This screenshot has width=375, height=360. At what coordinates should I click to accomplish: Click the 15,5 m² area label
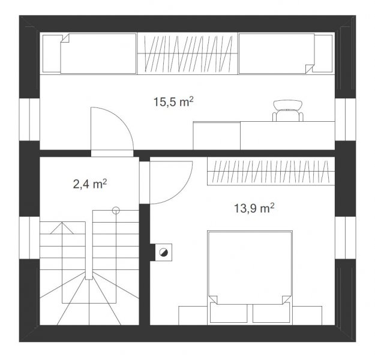tap(173, 102)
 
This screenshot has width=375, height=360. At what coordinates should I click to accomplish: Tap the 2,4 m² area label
tap(90, 184)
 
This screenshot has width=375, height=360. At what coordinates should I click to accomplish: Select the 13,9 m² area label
tap(254, 208)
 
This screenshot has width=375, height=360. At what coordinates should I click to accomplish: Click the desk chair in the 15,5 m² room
tap(288, 110)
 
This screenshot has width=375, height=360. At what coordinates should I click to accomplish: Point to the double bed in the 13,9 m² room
tap(250, 278)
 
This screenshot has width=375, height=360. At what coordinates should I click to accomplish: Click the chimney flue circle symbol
tap(163, 252)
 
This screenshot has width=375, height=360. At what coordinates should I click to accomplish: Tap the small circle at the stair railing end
tap(116, 210)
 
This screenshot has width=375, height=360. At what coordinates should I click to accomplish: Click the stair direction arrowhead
tap(62, 228)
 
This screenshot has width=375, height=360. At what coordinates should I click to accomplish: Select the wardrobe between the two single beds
tap(187, 53)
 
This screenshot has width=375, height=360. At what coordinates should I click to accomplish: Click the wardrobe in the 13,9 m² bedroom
tap(271, 171)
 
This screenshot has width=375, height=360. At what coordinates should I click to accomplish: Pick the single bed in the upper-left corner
tap(89, 53)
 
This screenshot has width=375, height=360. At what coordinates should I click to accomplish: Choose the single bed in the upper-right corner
tap(286, 53)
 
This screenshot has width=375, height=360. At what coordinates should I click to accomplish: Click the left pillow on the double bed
tap(229, 313)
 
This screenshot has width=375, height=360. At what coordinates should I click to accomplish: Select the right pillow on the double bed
tap(271, 313)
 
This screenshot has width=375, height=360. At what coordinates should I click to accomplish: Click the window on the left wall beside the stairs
tap(29, 238)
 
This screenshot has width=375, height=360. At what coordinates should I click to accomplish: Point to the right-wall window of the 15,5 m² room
tap(346, 119)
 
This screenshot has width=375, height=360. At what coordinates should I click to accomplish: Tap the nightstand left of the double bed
tap(193, 316)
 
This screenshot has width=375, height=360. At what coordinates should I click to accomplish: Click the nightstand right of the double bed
tap(307, 316)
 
